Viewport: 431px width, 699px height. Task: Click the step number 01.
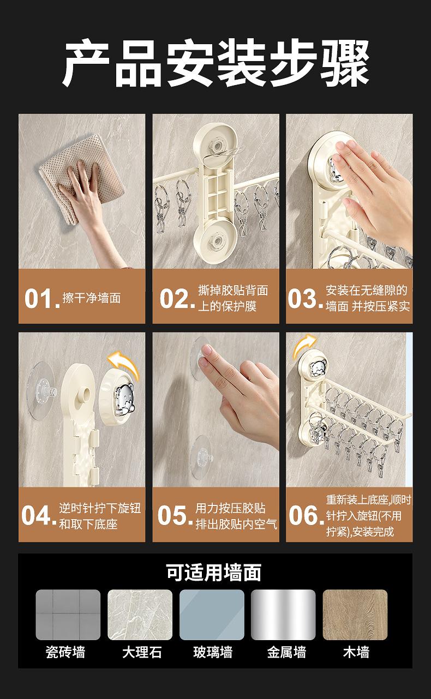pyautogui.click(x=42, y=298)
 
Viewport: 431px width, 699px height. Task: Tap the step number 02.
pyautogui.click(x=177, y=298)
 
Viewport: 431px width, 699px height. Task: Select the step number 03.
pyautogui.click(x=305, y=298)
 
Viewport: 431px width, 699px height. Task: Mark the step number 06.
pyautogui.click(x=307, y=515)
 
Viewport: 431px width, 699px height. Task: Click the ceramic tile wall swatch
pyautogui.click(x=68, y=614)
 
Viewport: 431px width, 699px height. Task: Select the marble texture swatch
pyautogui.click(x=140, y=614)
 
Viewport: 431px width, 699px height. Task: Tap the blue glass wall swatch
pyautogui.click(x=212, y=614)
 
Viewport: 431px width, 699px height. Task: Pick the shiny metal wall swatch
pyautogui.click(x=283, y=614)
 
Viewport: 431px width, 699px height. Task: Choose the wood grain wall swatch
pyautogui.click(x=355, y=614)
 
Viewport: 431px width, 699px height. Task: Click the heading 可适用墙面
pyautogui.click(x=214, y=573)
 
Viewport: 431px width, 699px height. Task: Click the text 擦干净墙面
pyautogui.click(x=92, y=298)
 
